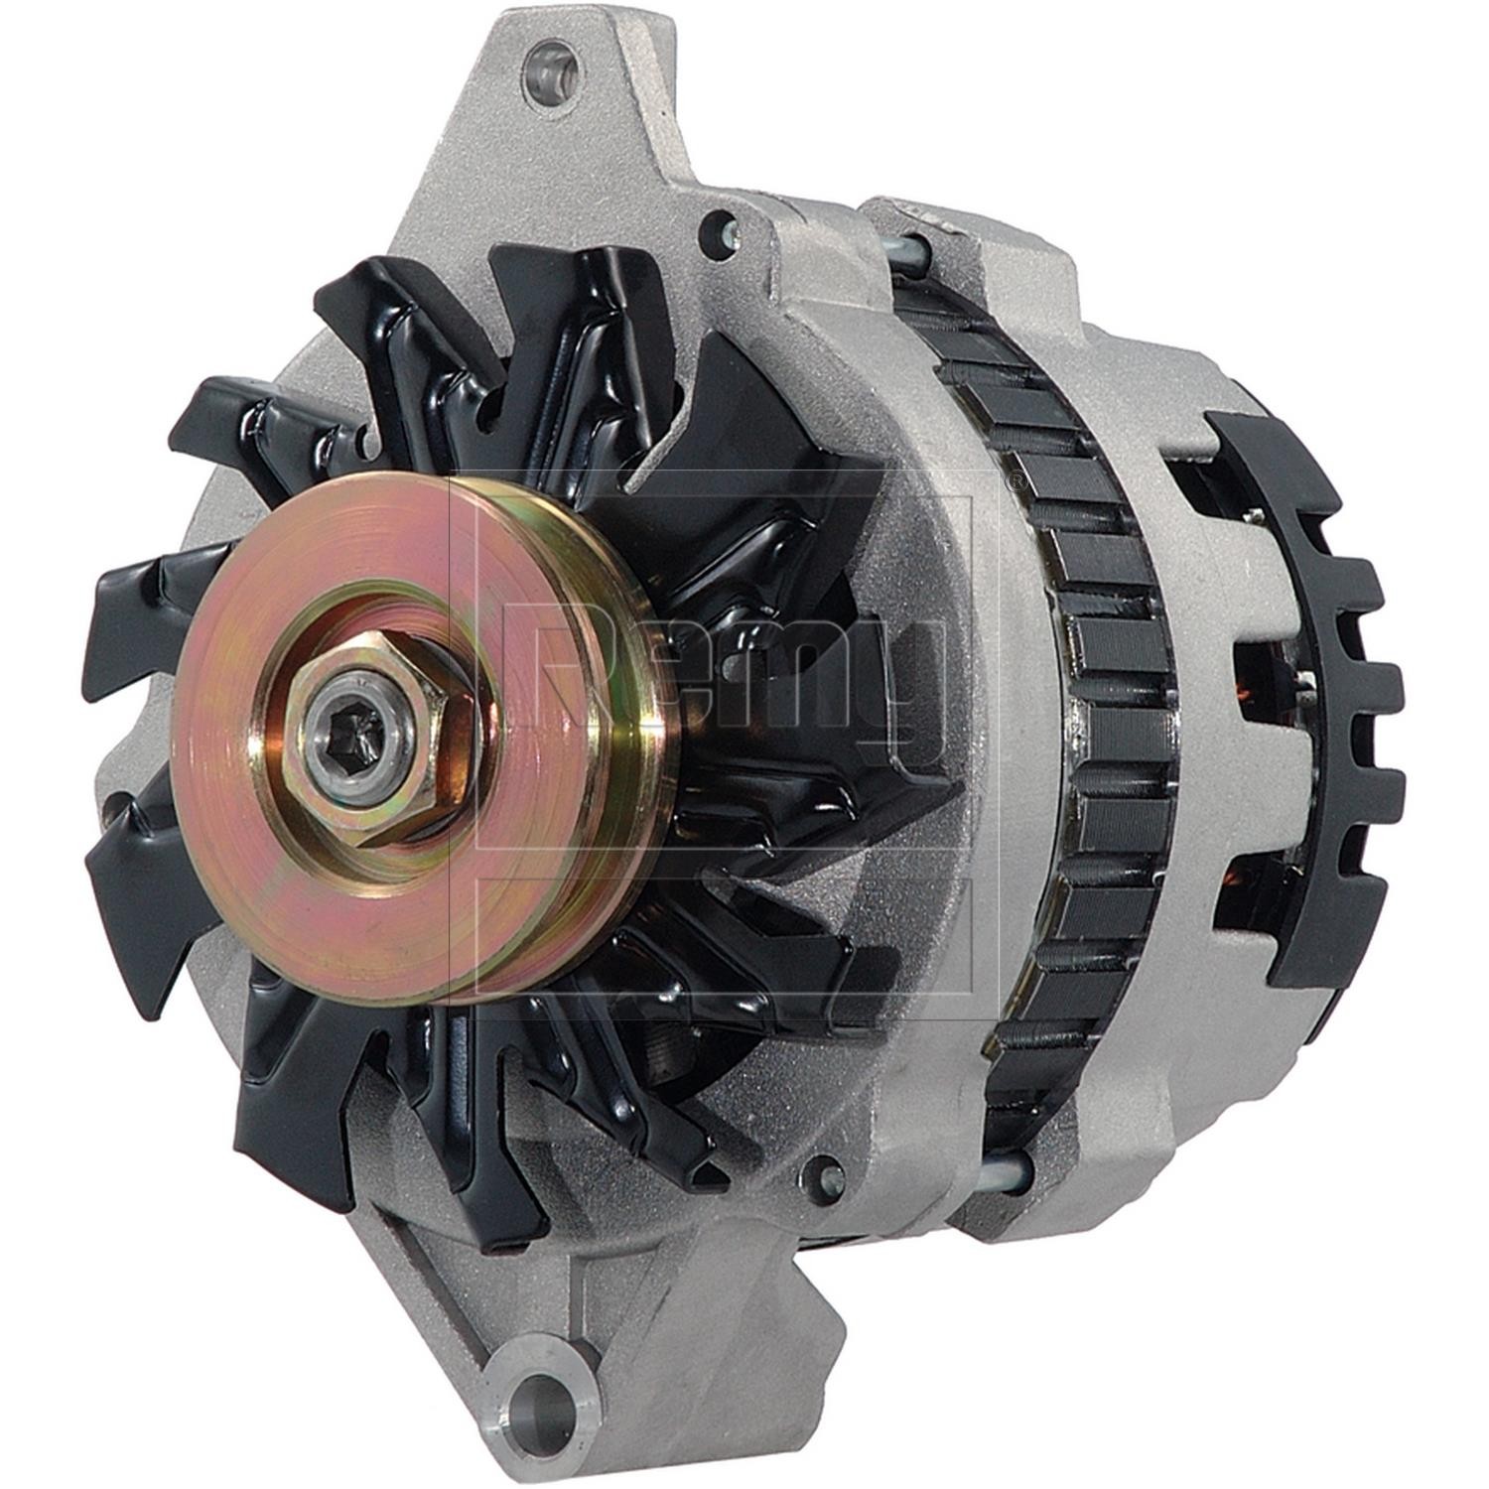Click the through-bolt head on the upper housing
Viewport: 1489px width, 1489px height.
tap(717, 234)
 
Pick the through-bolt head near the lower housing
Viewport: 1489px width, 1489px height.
tap(827, 1178)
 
